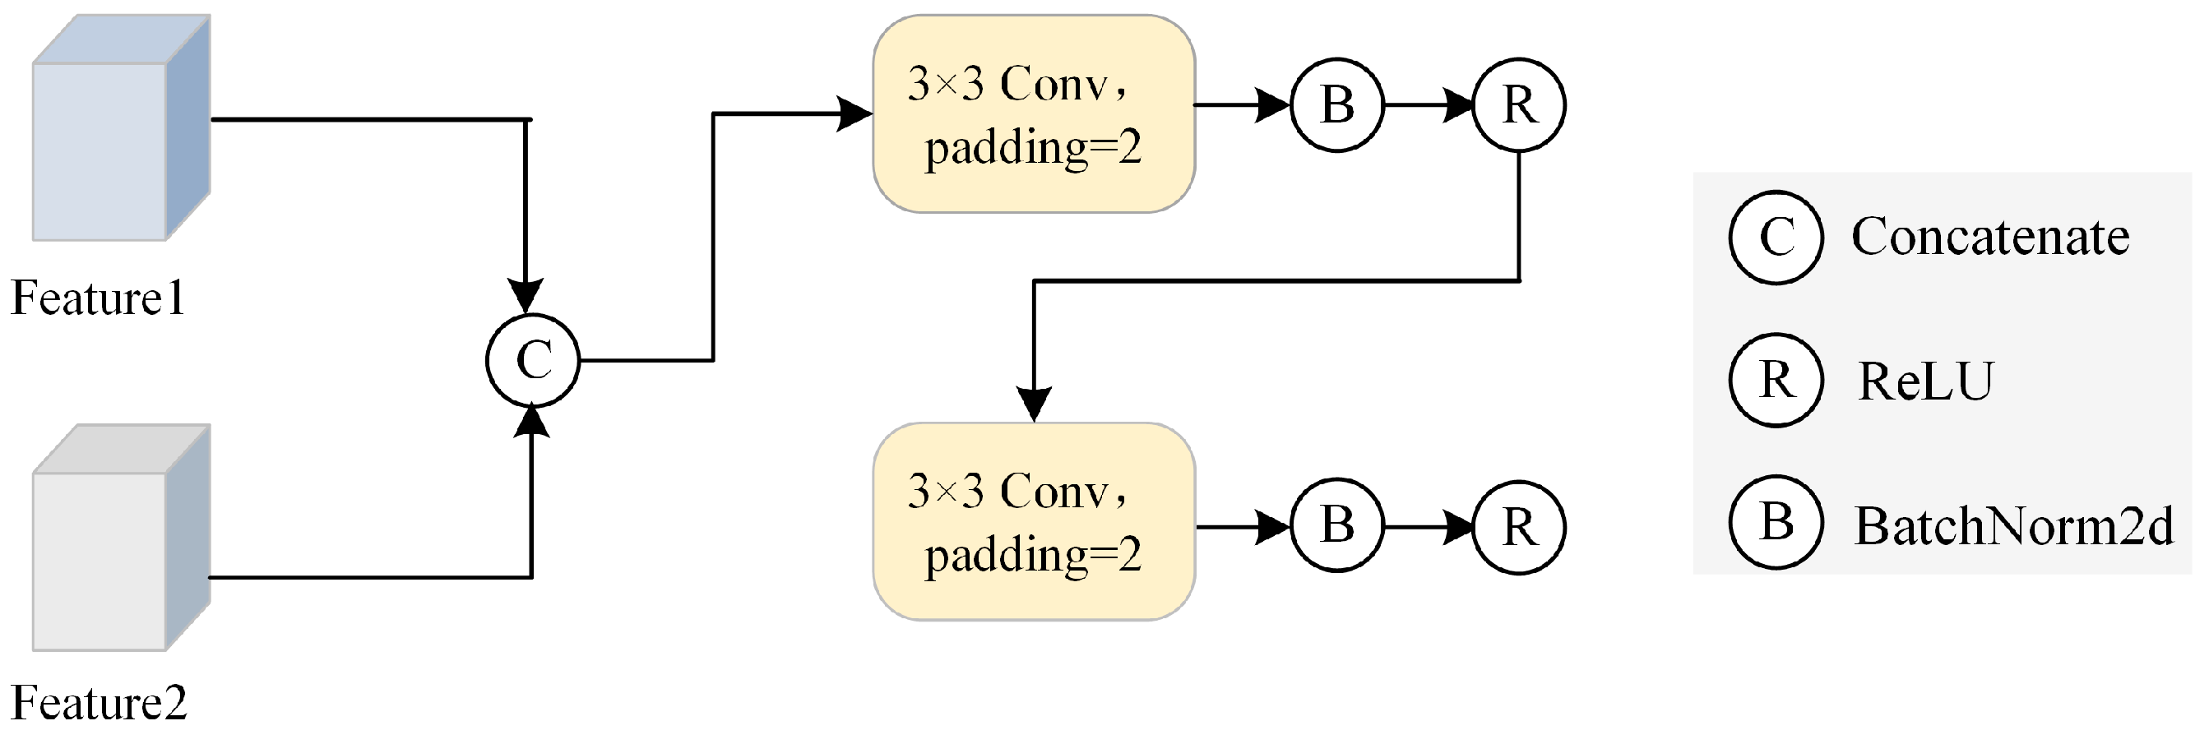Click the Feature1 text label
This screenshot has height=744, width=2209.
[x=98, y=299]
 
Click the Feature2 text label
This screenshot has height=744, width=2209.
[x=99, y=704]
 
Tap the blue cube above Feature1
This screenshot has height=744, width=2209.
[x=120, y=128]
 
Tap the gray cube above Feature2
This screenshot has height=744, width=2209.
[x=120, y=538]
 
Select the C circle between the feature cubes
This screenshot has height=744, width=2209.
[x=533, y=359]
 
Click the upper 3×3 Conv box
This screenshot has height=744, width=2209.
[x=1033, y=114]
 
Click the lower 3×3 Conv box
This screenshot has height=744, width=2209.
[x=1033, y=521]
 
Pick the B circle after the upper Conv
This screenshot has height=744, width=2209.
[x=1337, y=104]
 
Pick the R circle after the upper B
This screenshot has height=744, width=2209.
[x=1519, y=104]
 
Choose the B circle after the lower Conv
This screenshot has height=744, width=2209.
[x=1337, y=524]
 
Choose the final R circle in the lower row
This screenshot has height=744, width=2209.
[x=1519, y=526]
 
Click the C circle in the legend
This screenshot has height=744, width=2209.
[x=1775, y=238]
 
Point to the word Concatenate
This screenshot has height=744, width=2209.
[x=1989, y=237]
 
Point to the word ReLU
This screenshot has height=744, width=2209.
[x=1925, y=381]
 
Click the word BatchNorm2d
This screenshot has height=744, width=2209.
[x=2013, y=525]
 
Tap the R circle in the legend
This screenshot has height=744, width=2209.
[x=1775, y=380]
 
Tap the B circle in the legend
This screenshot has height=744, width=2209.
[x=1775, y=522]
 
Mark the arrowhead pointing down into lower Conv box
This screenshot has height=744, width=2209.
[x=1034, y=403]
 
